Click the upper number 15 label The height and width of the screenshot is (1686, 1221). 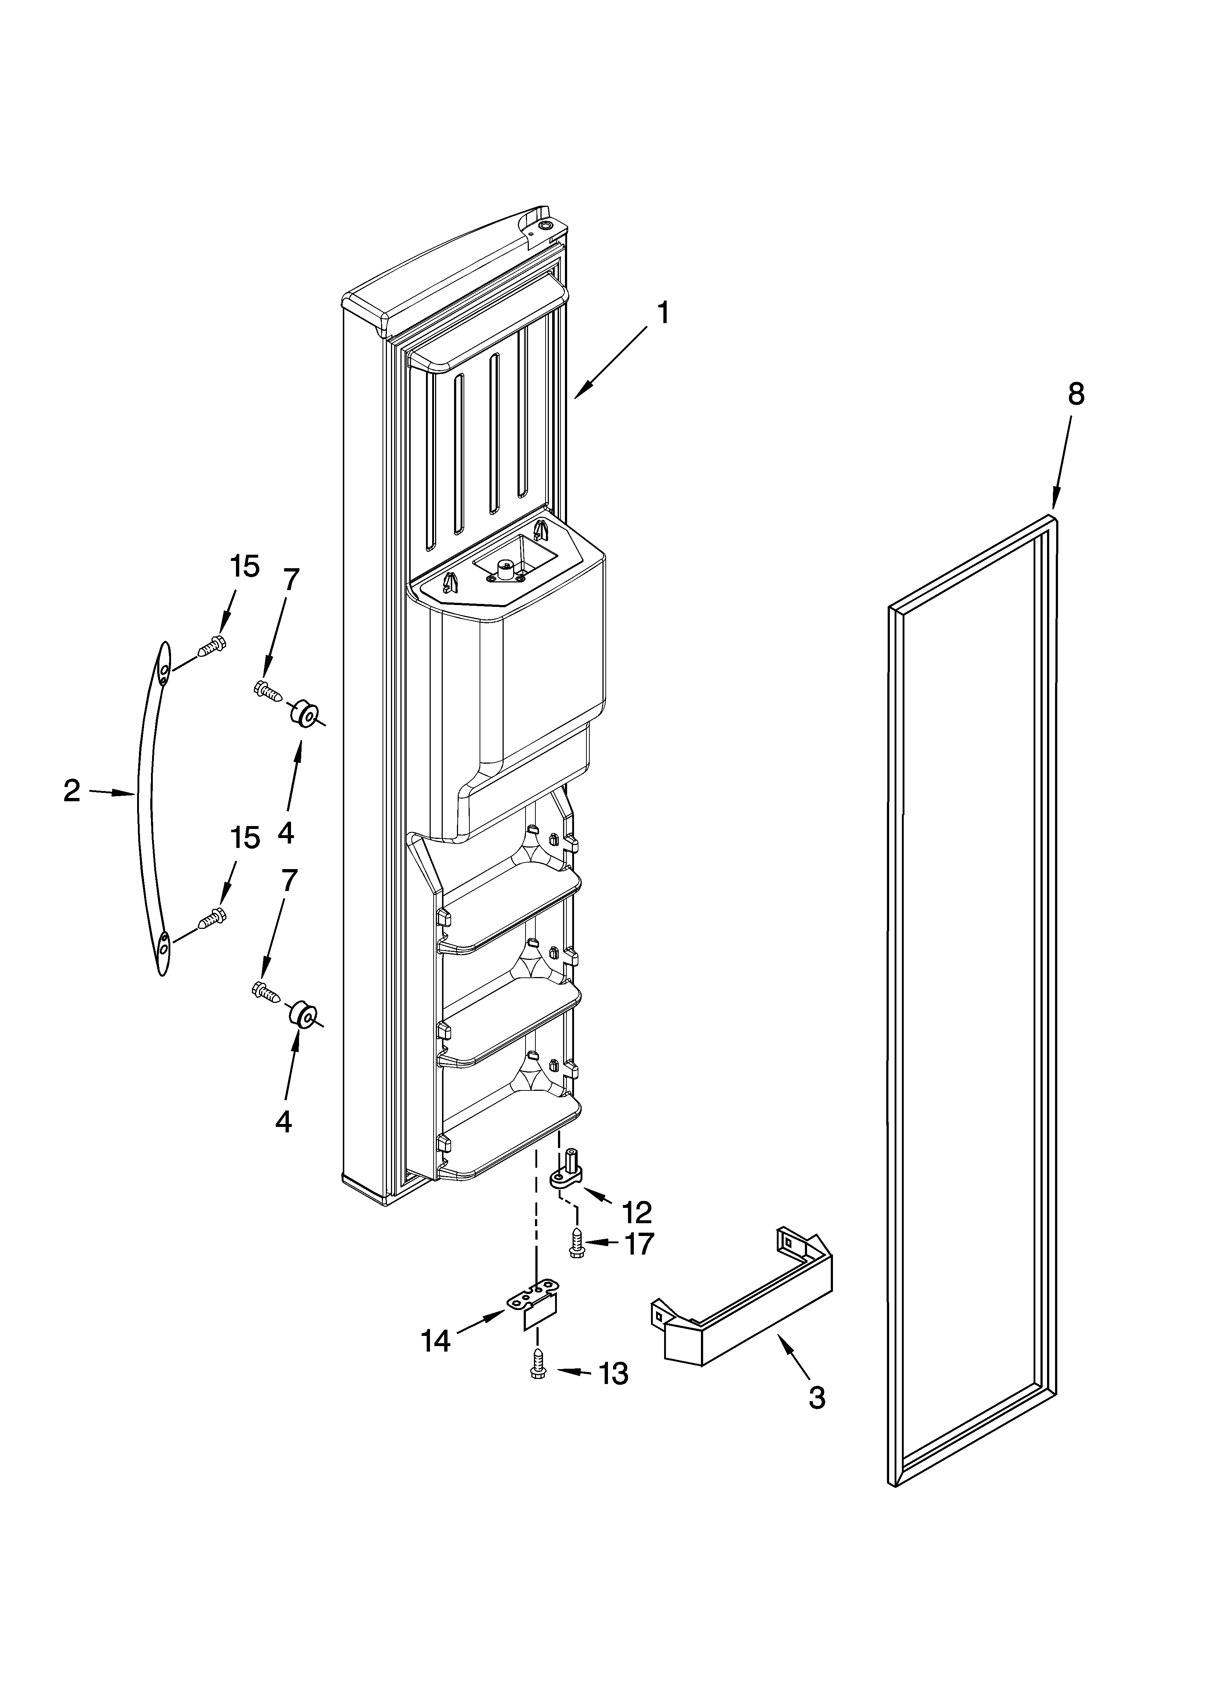coord(244,566)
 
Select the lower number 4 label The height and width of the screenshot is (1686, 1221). coord(283,1121)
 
